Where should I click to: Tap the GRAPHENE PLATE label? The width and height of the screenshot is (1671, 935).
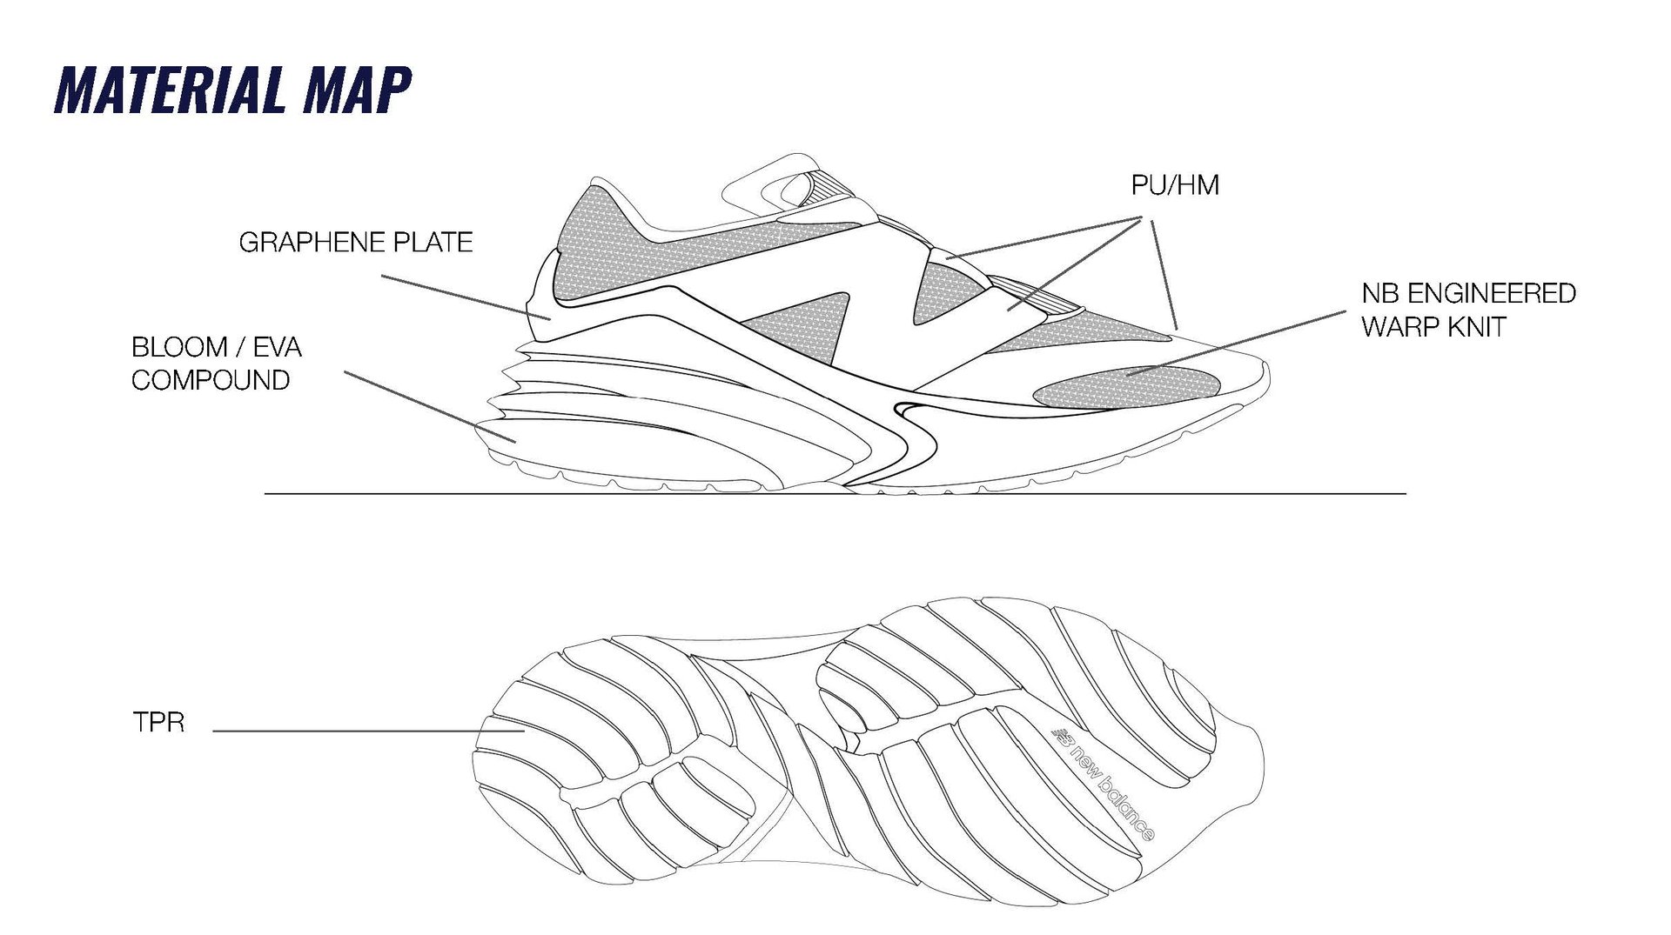click(355, 242)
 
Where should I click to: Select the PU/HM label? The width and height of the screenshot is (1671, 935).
click(1175, 185)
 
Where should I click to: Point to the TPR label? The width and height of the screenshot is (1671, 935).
click(158, 723)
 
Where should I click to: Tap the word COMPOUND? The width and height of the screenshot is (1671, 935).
click(211, 380)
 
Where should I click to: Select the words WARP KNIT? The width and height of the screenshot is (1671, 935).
click(1433, 327)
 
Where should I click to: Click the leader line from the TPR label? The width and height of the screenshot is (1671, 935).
click(366, 731)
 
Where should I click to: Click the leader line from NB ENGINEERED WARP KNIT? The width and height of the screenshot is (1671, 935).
click(1236, 344)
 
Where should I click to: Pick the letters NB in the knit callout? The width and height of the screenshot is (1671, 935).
click(1379, 293)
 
